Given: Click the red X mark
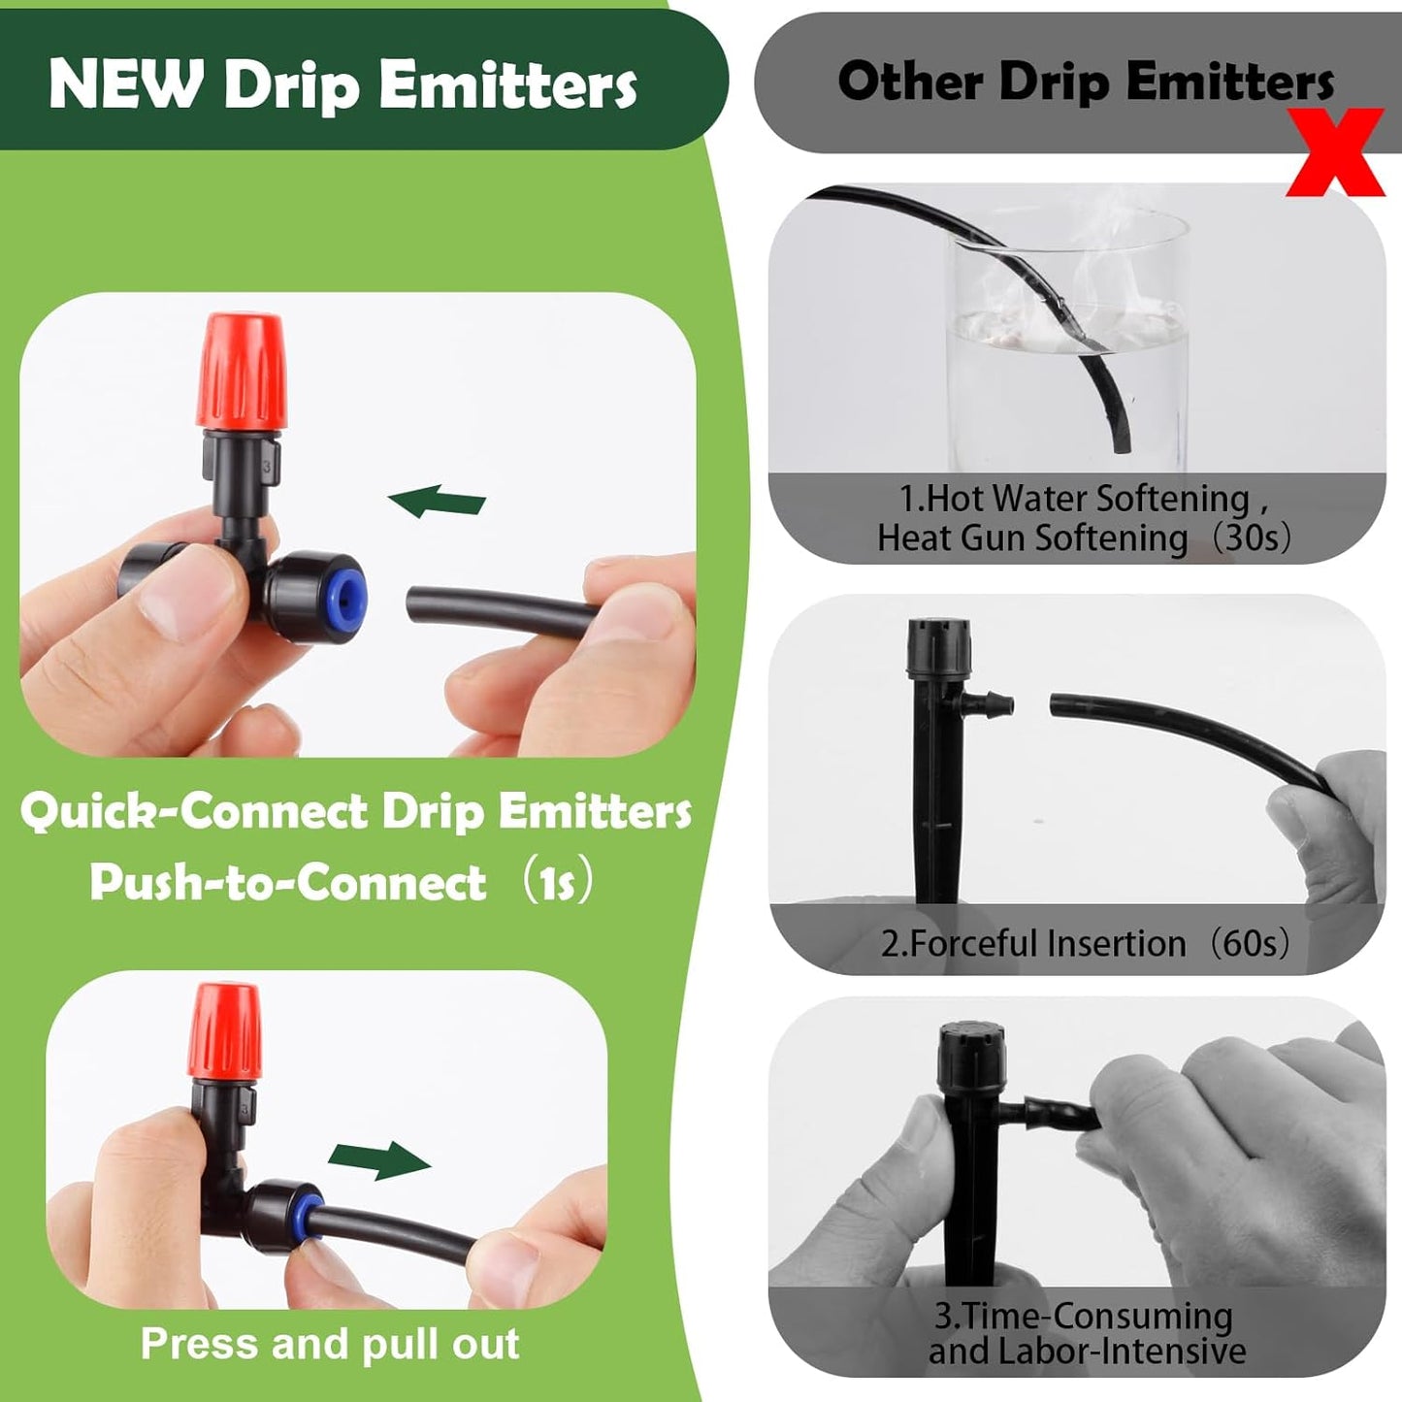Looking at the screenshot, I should coord(1336,152).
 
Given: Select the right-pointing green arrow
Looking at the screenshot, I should coord(379,1159).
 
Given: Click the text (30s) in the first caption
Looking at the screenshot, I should coord(1251,537).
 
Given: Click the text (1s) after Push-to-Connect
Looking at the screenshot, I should coord(556,882).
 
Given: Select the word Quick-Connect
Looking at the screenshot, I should coord(194,811).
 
